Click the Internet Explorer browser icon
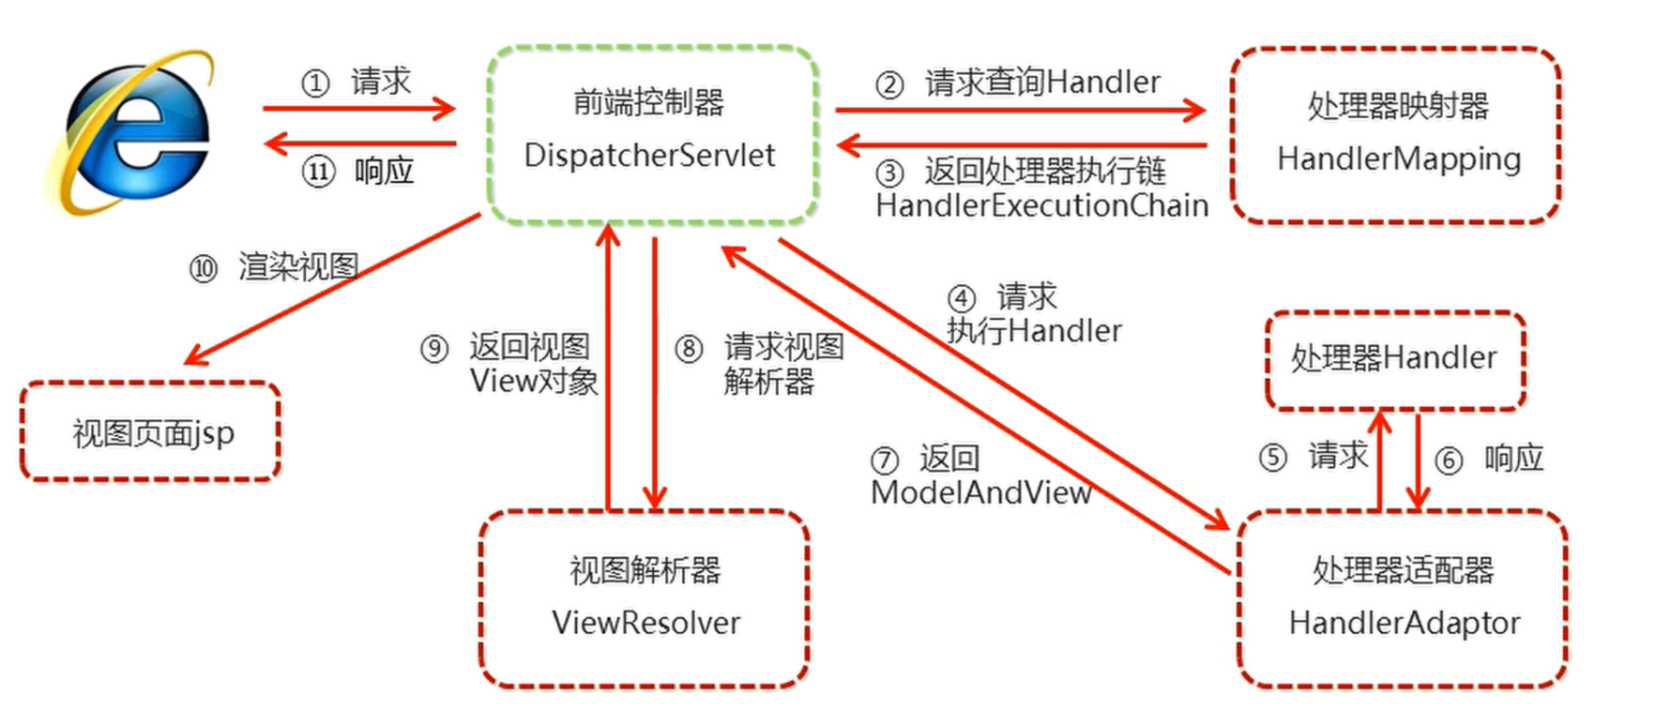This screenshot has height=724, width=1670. [x=129, y=131]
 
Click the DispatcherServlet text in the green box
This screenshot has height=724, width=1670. [x=649, y=155]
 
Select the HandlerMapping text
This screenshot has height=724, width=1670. [x=1399, y=159]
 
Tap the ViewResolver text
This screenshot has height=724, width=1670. [x=645, y=623]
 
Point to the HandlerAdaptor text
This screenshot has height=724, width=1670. [x=1404, y=624]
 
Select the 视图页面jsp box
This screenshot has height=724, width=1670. [x=150, y=431]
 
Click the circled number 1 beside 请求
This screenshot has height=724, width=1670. [x=315, y=83]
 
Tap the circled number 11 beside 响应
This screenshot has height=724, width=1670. [x=318, y=172]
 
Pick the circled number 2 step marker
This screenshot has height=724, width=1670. [x=889, y=85]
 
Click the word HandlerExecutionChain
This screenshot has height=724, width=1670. [x=1041, y=205]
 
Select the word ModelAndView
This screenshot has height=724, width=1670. [x=980, y=492]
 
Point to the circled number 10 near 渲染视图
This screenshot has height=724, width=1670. [x=204, y=269]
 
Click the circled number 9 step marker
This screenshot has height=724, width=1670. [x=434, y=350]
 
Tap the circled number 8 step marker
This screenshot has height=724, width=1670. [x=690, y=350]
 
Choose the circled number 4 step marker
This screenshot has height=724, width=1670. [x=962, y=299]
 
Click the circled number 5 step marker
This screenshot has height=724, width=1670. [x=1272, y=458]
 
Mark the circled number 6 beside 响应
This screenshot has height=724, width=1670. [x=1449, y=460]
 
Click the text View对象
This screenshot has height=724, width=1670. [x=534, y=382]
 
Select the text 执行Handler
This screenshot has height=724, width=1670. [x=1034, y=331]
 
